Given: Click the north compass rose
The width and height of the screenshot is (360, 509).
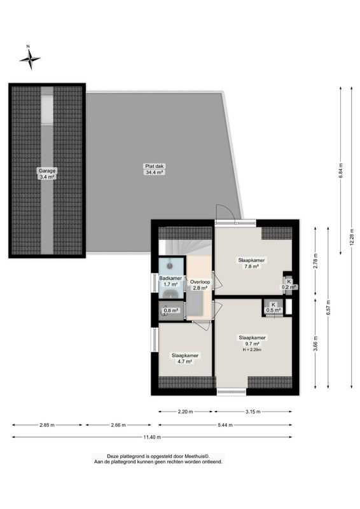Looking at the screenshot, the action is click(30, 59).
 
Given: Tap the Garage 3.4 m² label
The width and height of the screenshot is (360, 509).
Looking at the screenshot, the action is click(47, 174).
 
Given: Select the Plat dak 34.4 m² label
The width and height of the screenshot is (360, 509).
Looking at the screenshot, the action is click(154, 169).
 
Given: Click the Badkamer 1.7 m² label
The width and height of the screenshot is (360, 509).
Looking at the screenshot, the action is click(170, 281).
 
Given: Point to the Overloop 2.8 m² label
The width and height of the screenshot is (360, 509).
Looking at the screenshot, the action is click(200, 284).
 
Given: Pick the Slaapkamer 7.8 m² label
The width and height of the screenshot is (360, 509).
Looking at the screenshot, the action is click(251, 263).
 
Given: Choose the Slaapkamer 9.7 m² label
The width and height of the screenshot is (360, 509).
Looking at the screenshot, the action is click(253, 340).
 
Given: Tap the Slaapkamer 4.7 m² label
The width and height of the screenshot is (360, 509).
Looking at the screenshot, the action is click(185, 358).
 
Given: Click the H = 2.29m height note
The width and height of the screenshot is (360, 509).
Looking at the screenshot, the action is click(252, 350).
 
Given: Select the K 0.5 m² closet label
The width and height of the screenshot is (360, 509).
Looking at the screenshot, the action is click(273, 307).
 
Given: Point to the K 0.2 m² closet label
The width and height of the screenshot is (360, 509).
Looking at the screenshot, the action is click(289, 284).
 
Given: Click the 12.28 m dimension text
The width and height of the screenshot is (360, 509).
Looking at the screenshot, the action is click(352, 237).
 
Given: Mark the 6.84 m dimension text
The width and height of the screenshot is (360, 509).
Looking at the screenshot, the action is click(340, 171).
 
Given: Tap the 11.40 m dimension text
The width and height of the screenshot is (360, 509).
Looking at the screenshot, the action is click(152, 437).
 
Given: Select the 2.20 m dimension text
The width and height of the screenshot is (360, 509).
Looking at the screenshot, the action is click(185, 412).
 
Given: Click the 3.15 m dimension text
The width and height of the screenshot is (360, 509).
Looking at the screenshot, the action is click(253, 412).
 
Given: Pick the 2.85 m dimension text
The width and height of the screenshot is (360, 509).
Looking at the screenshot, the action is click(47, 425).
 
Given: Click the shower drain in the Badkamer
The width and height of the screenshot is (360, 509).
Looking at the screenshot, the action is click(170, 266).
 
